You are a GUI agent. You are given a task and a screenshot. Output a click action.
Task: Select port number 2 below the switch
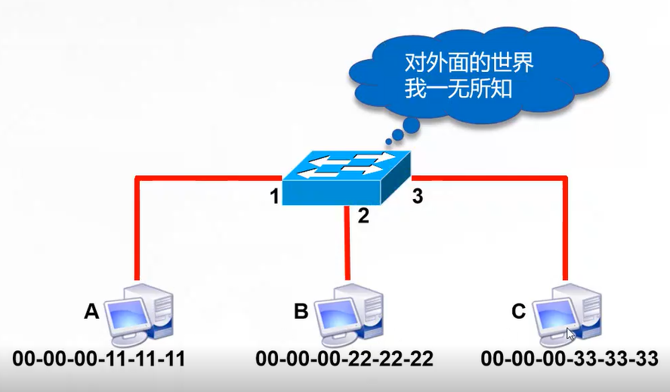(x=363, y=216)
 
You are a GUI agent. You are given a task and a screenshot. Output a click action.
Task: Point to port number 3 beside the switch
(x=417, y=198)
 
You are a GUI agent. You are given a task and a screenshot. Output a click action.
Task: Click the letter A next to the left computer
(x=91, y=310)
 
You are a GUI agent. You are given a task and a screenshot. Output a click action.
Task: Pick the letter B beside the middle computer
(x=301, y=310)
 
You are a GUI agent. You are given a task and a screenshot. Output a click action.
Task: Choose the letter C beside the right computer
(x=518, y=310)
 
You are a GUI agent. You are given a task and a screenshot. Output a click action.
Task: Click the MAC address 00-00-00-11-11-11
(x=99, y=358)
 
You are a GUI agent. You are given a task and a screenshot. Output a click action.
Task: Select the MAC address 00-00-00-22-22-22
(x=344, y=358)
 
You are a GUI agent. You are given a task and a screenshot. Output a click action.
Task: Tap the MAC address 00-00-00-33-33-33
(x=570, y=358)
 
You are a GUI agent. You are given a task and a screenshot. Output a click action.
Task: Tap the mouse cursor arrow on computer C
(x=571, y=333)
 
